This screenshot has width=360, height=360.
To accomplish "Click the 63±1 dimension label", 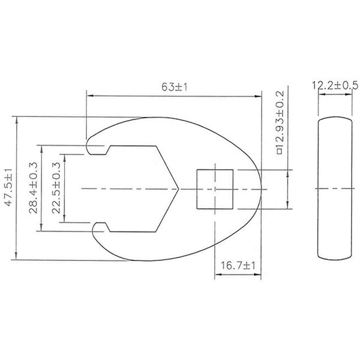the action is coord(174,87).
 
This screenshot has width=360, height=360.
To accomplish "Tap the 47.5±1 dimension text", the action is coord(8,187).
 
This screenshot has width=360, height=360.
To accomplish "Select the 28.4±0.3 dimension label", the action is coord(33,188).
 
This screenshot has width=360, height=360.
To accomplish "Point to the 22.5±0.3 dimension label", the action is coord(56,188).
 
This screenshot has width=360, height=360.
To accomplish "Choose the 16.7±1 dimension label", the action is coord(238,266).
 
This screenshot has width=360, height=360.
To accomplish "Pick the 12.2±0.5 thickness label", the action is coord(335,85).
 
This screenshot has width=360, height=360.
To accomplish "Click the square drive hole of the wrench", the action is coord(215,190).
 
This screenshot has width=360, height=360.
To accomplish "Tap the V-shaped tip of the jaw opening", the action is coord(178,189).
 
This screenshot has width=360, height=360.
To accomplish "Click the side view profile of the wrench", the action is coord(335,189).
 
